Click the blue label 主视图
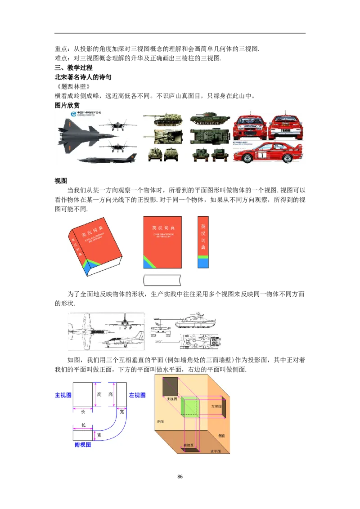[63, 395]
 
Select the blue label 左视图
[137, 395]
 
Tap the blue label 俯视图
[83, 444]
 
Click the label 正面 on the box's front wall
[161, 422]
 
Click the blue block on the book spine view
[203, 263]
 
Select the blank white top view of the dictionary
[162, 280]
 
